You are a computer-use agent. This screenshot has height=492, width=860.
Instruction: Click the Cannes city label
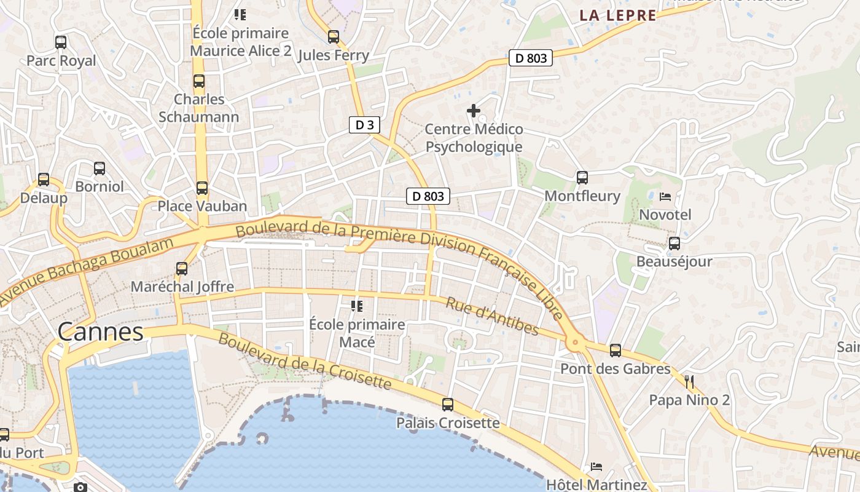(100, 332)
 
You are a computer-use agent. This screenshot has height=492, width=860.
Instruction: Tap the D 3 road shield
(364, 125)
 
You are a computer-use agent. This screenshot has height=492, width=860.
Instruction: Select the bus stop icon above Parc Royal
(61, 42)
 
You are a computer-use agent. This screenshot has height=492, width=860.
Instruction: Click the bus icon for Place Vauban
(202, 188)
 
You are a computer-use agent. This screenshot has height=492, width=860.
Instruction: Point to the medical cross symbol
(474, 111)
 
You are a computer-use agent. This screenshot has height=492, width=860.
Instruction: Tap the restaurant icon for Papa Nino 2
(689, 382)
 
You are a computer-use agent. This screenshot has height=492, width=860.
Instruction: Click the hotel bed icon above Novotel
(665, 197)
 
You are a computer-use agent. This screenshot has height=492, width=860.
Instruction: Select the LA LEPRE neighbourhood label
(618, 16)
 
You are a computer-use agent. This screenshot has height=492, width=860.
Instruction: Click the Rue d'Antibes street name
(492, 316)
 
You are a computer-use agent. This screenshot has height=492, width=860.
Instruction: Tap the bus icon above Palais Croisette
(448, 405)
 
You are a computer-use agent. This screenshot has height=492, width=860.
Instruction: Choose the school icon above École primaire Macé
(357, 306)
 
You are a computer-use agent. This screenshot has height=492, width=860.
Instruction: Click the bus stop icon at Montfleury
(582, 178)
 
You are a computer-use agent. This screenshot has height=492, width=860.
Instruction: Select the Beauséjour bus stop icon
(674, 244)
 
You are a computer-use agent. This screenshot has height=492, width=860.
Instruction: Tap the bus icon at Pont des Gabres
(616, 351)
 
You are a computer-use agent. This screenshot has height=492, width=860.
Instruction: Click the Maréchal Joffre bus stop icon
(182, 269)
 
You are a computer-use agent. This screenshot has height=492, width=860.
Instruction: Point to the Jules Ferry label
(334, 55)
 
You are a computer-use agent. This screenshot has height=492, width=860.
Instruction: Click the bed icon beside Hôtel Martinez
(596, 467)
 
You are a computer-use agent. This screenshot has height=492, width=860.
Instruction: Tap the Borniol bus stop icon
(100, 168)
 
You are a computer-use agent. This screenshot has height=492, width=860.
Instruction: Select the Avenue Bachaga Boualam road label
(86, 269)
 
